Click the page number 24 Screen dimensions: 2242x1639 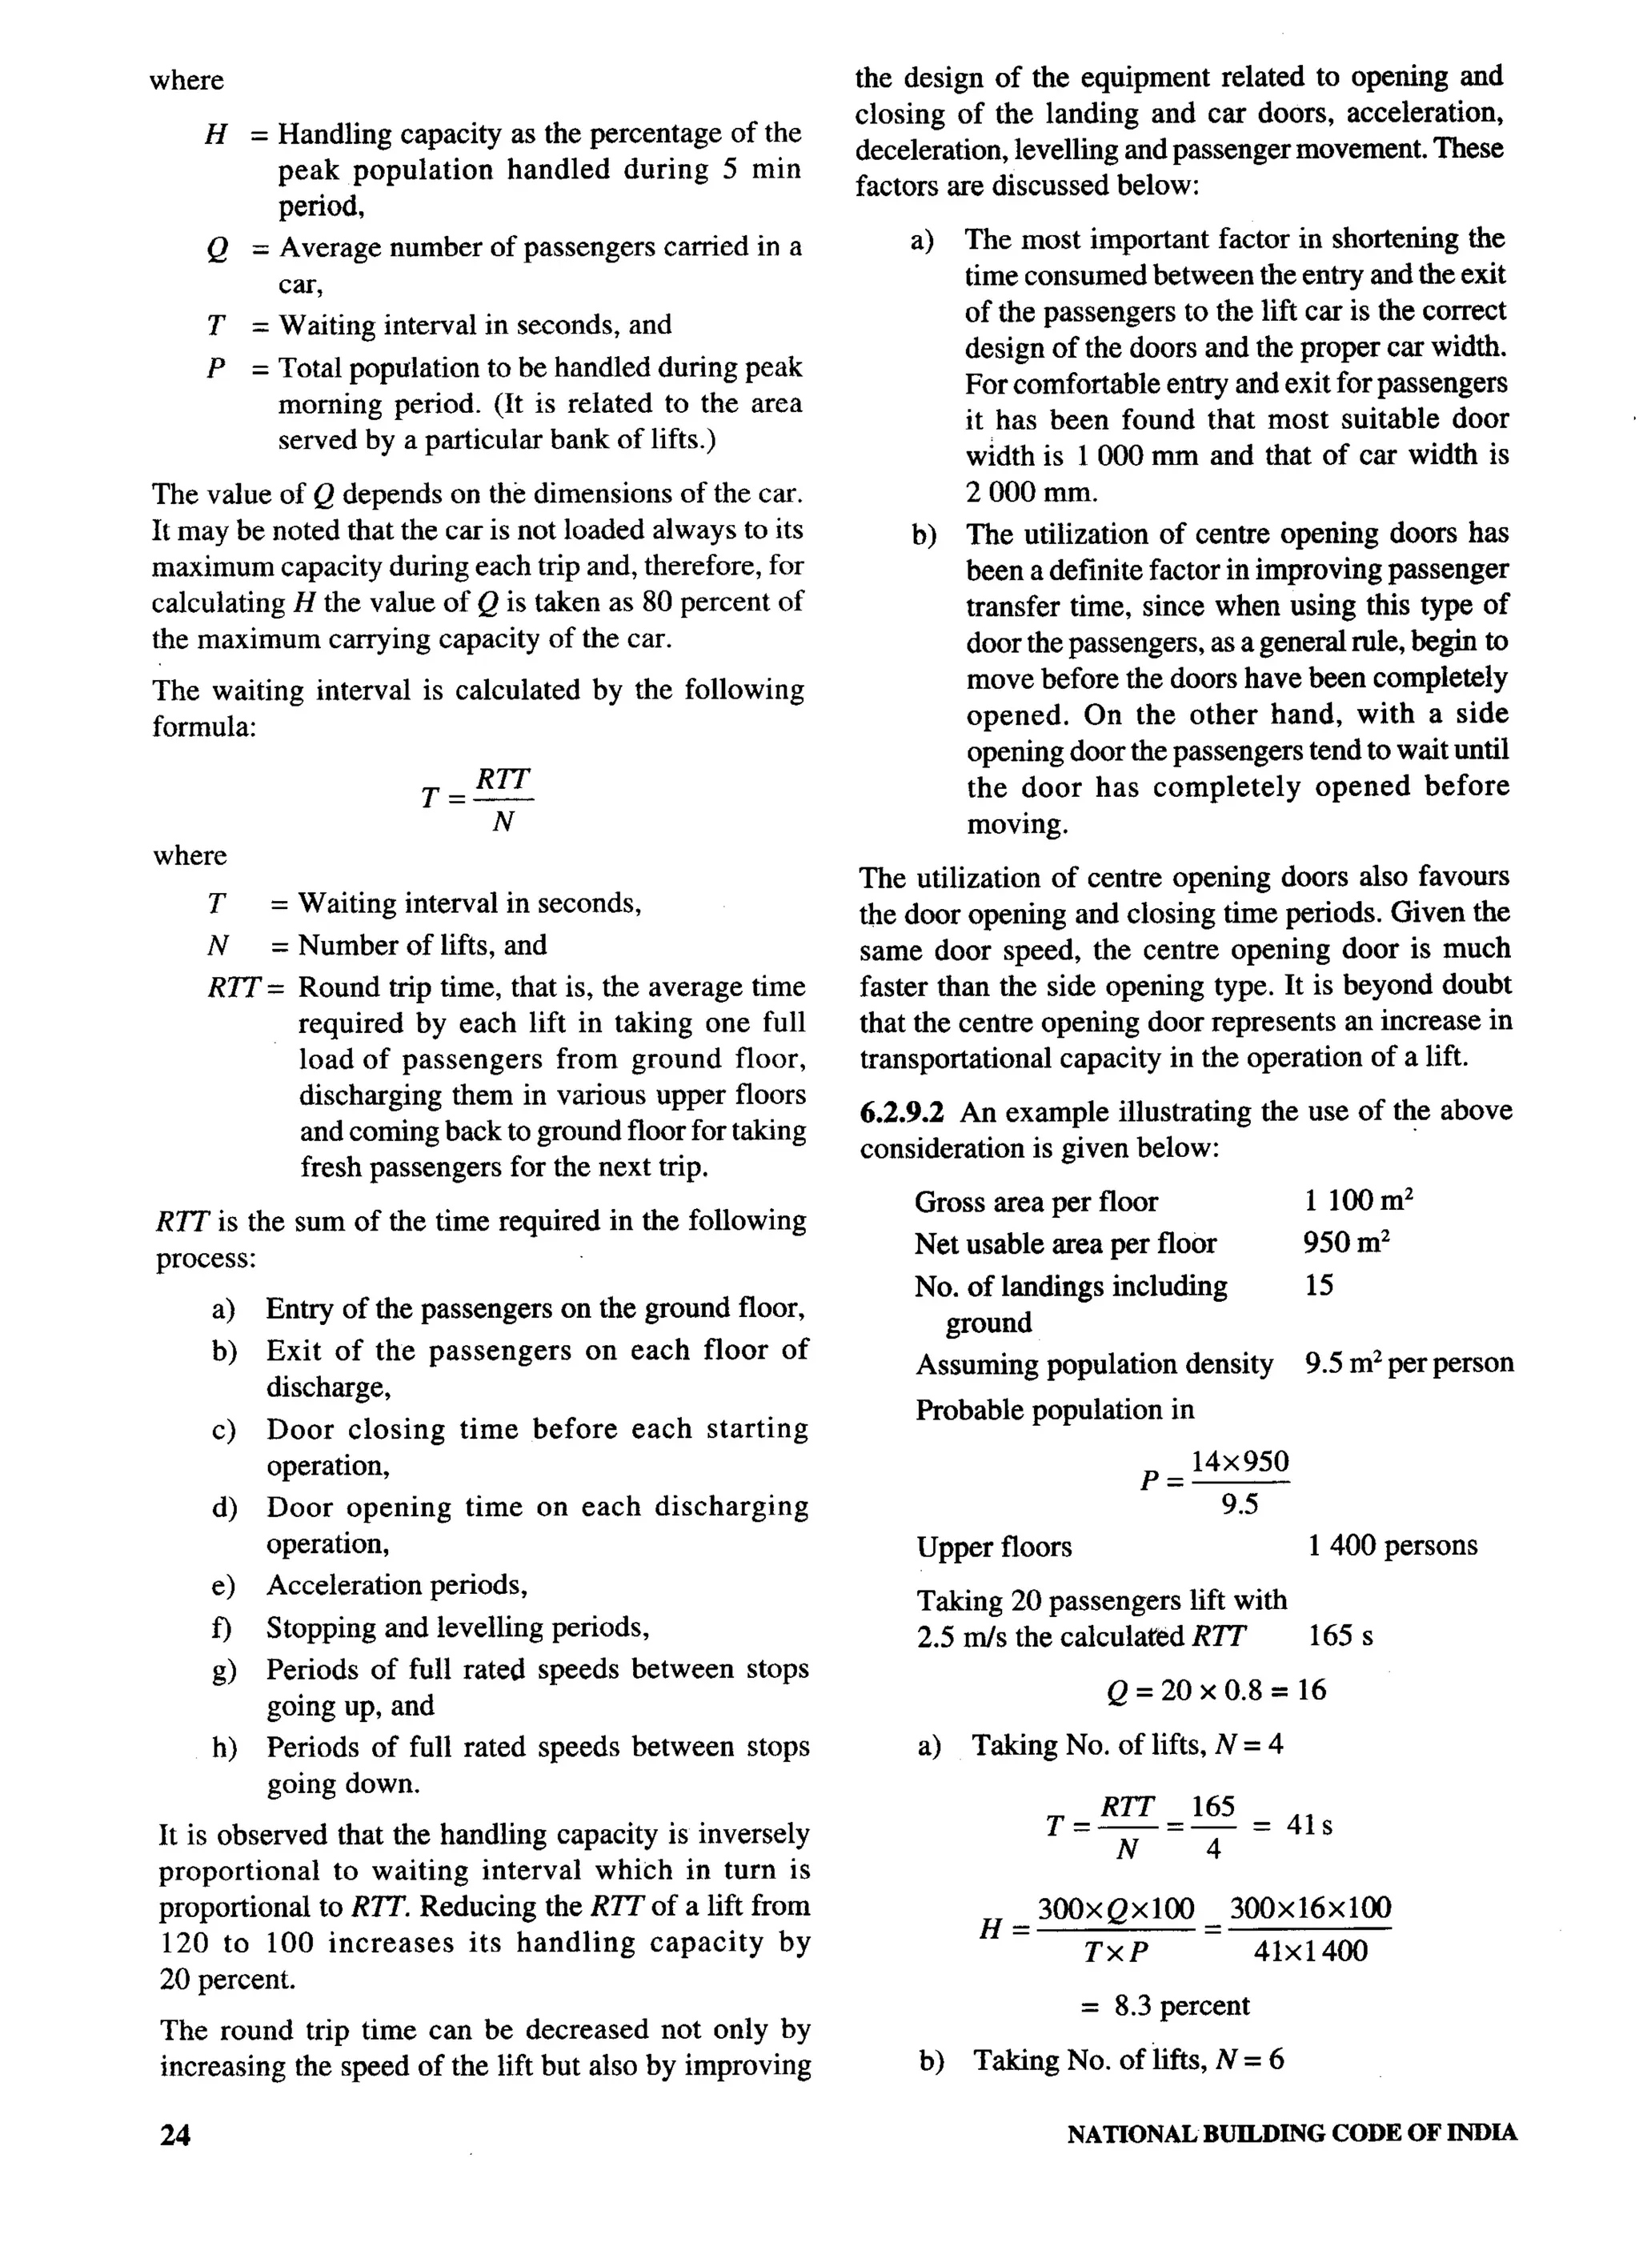175,2135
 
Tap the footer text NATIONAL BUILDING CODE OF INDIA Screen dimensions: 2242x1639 1292,2133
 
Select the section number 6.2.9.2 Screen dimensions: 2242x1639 903,1111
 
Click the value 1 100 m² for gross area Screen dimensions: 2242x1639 1358,1201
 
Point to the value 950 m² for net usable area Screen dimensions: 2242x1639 1346,1243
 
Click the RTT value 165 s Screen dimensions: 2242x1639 1340,1635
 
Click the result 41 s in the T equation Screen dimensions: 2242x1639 1308,1825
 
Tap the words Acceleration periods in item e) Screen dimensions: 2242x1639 396,1585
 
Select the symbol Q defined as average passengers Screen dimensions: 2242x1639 217,248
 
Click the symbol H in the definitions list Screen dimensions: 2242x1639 215,134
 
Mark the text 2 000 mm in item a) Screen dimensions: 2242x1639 1032,492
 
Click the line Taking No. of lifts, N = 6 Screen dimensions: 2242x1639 1127,2061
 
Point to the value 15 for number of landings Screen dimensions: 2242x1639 1320,1286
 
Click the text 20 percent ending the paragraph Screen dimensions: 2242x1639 227,1979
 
